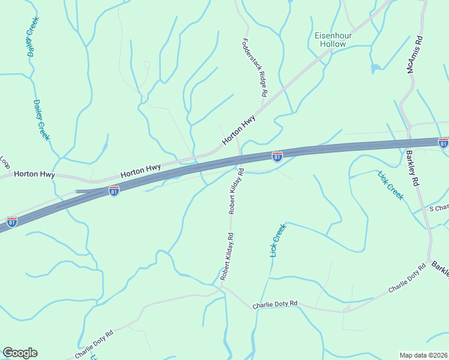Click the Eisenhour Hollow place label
(x=333, y=40)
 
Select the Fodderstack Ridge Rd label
(x=254, y=68)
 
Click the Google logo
(x=20, y=353)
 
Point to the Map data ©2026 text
(x=424, y=355)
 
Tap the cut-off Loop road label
(x=5, y=163)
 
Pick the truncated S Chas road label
(x=439, y=208)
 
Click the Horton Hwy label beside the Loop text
(x=34, y=175)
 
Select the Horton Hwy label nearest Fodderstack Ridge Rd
(x=239, y=130)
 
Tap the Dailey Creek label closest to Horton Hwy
(x=41, y=120)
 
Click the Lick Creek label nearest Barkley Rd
(x=391, y=185)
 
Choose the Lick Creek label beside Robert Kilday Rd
(x=278, y=241)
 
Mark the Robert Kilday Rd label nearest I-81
(x=235, y=191)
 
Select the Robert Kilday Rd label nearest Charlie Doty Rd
(x=226, y=258)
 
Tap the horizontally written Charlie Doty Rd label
(x=275, y=304)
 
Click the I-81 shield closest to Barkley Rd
(x=443, y=143)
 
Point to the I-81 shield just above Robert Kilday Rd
(x=277, y=157)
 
